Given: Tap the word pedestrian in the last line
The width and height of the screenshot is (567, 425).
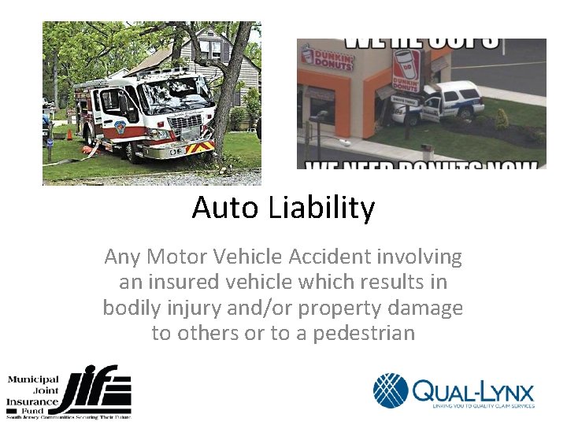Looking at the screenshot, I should tap(364, 333).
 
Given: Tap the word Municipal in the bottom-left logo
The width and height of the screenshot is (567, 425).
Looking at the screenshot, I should tap(34, 379).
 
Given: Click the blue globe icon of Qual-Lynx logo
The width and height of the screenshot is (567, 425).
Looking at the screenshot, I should tap(391, 390).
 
